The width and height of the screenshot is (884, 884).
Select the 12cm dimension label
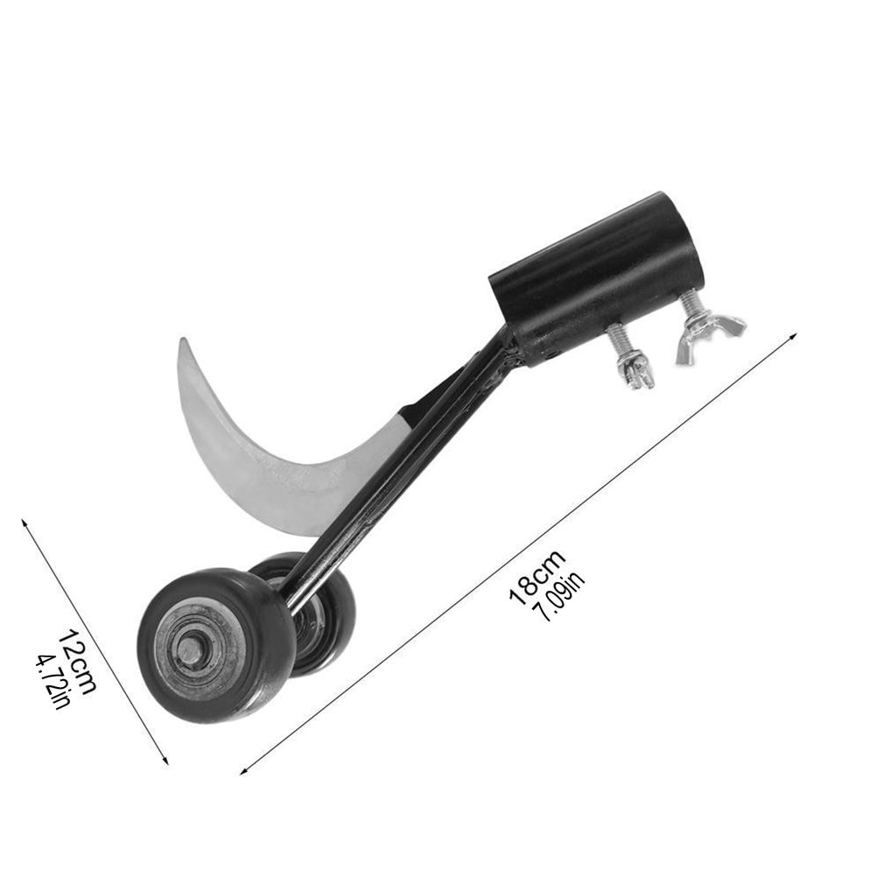pyautogui.click(x=78, y=661)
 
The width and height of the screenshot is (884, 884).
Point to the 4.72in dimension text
pyautogui.click(x=53, y=680)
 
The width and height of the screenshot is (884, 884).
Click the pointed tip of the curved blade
pyautogui.click(x=182, y=340)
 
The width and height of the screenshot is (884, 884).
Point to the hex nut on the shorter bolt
pyautogui.click(x=636, y=373)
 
